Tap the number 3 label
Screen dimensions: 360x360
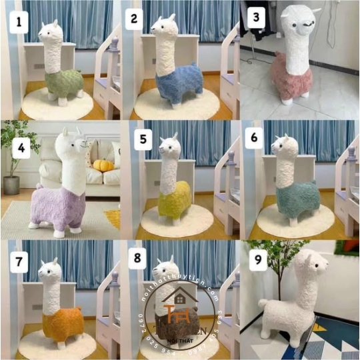click(254, 18)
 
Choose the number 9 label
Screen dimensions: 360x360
click(254, 259)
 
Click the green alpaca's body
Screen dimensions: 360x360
click(63, 83)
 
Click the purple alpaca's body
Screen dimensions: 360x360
click(60, 207)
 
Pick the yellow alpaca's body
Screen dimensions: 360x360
click(175, 201)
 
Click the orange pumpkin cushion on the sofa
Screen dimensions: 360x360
click(103, 165)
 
